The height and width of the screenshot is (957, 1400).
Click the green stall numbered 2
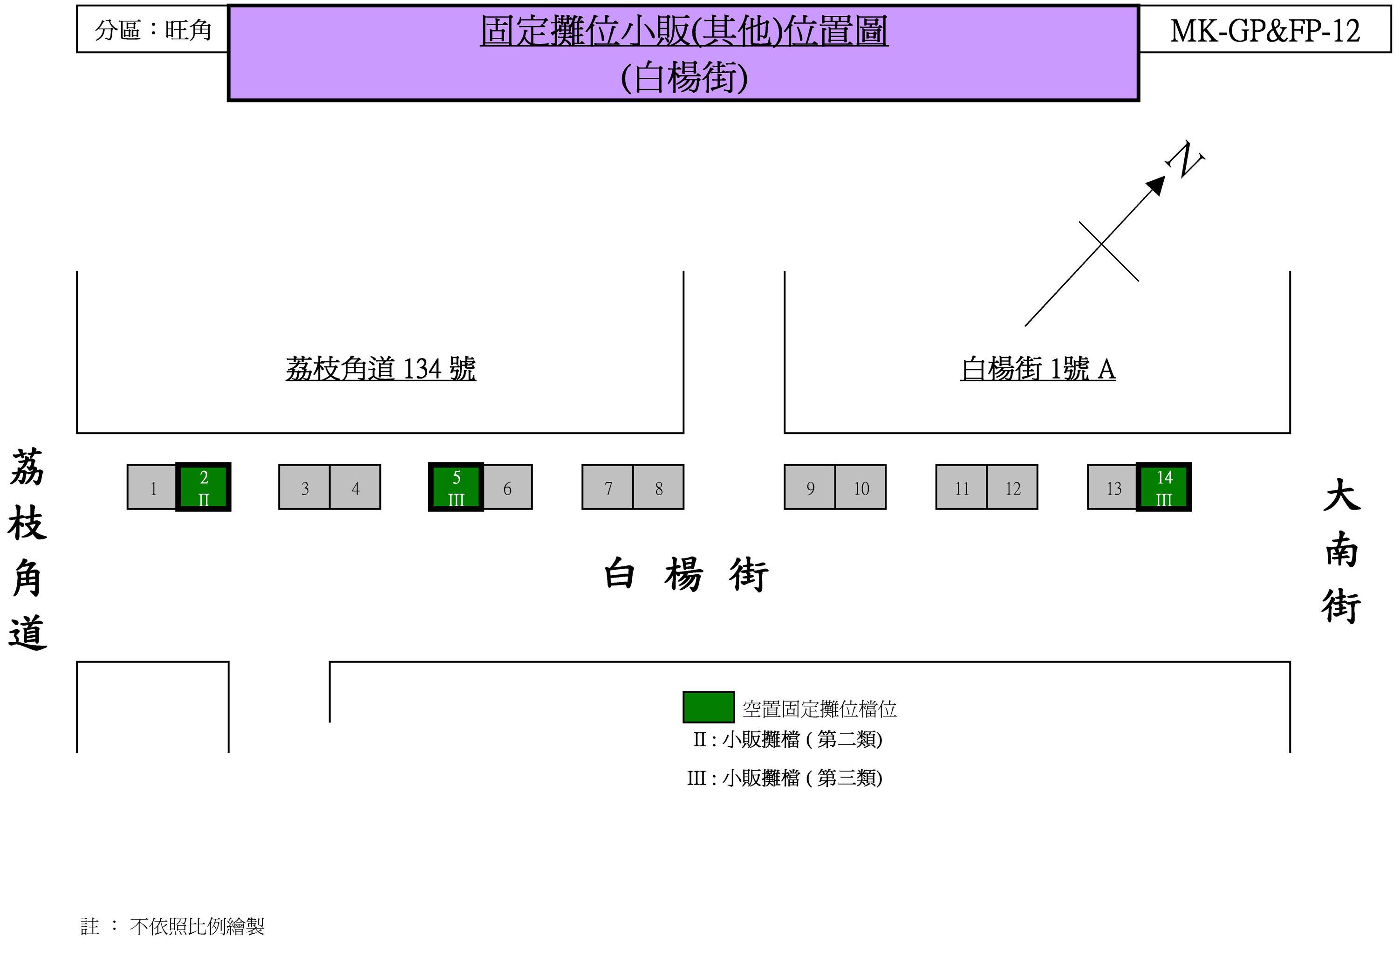click(x=204, y=487)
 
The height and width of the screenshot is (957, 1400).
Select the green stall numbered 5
click(x=456, y=487)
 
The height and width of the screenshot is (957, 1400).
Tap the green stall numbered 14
click(x=1164, y=487)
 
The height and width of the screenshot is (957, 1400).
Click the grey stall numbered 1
click(x=152, y=488)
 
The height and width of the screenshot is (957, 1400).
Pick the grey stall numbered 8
click(x=658, y=488)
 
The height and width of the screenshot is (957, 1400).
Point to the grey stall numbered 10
click(x=861, y=488)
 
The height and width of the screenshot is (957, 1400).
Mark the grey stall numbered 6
click(x=507, y=488)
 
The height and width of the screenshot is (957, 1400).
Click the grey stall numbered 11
click(x=962, y=488)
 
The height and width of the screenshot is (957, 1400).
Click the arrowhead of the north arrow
click(x=1155, y=185)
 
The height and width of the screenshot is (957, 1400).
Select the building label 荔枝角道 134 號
click(x=381, y=369)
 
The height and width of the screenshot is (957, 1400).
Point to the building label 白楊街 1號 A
click(x=1038, y=369)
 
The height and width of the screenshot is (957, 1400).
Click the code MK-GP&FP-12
click(x=1265, y=30)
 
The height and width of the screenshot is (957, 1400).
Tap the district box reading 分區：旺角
click(x=152, y=29)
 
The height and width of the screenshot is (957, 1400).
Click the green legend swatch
click(x=709, y=707)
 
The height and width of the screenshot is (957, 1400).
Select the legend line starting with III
click(x=785, y=778)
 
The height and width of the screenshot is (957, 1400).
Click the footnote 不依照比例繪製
click(x=197, y=926)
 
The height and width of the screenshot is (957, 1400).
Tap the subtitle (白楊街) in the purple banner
click(x=684, y=77)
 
